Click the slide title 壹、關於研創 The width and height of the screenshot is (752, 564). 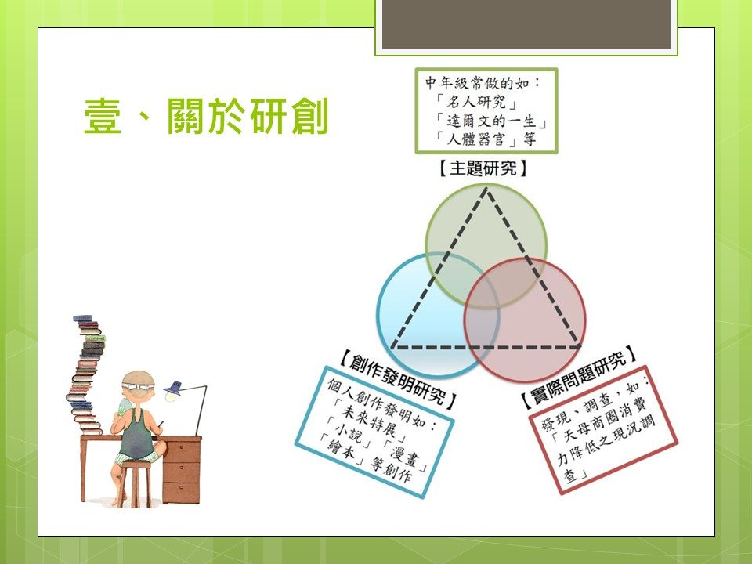tap(206, 116)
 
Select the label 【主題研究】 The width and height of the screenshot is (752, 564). tap(483, 168)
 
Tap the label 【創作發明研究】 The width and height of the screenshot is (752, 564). tap(398, 381)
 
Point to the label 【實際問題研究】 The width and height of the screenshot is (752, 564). tap(580, 378)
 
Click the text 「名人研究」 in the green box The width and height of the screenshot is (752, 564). tap(476, 102)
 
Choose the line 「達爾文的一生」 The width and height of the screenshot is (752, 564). tap(490, 121)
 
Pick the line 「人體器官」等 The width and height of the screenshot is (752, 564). tap(486, 139)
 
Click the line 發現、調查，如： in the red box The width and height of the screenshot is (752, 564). tap(595, 403)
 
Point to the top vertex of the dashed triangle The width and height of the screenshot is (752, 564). tap(486, 189)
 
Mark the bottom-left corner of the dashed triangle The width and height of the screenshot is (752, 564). tap(392, 347)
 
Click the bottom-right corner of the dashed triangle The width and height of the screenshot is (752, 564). tap(580, 346)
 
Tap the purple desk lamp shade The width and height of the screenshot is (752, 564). tap(173, 388)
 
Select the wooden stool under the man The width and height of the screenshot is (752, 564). tap(135, 483)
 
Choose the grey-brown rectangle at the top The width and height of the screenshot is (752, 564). tap(526, 24)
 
